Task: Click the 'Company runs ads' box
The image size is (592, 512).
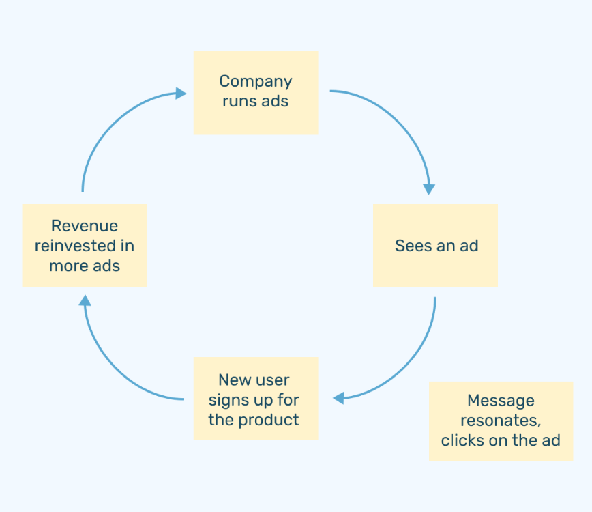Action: click(256, 93)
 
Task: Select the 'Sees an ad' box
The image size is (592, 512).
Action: click(435, 246)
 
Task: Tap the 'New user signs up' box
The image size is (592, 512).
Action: click(256, 399)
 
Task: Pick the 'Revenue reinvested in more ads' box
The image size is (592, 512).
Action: click(85, 246)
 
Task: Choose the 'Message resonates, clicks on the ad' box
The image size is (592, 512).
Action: click(501, 421)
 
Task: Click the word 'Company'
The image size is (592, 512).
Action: click(256, 82)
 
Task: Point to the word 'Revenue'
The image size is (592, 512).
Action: click(85, 226)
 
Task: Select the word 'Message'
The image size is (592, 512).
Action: click(501, 401)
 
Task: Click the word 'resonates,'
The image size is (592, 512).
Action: click(501, 421)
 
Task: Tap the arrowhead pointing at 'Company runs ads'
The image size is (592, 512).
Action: click(181, 94)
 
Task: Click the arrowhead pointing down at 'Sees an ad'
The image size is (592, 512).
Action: click(429, 189)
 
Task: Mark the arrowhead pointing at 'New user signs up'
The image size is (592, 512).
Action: click(338, 398)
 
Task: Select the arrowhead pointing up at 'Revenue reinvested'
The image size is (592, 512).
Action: click(85, 300)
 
